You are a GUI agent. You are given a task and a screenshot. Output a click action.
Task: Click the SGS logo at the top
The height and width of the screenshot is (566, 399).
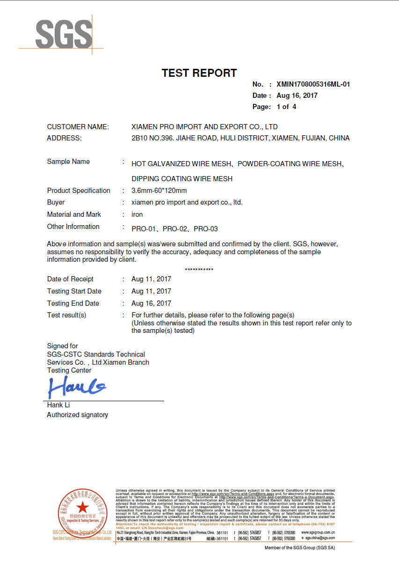click(x=64, y=34)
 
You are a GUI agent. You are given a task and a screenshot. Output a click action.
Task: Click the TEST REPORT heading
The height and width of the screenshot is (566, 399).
click(x=199, y=73)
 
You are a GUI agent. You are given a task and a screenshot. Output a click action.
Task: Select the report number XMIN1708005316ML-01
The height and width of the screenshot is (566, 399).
click(x=313, y=85)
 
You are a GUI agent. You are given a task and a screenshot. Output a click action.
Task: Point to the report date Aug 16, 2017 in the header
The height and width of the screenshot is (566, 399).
click(x=297, y=96)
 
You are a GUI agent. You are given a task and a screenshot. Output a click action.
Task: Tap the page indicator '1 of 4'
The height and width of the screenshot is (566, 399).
click(x=286, y=107)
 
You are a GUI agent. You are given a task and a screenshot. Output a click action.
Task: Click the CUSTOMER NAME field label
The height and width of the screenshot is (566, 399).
click(x=78, y=127)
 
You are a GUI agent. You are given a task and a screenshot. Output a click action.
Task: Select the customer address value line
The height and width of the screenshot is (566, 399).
click(x=240, y=139)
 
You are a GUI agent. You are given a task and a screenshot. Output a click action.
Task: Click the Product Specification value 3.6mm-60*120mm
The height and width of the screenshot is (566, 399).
click(x=159, y=191)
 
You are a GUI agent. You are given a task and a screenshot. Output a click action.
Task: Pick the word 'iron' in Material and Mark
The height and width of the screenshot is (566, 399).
click(x=137, y=214)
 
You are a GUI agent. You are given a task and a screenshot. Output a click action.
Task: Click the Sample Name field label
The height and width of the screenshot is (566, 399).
click(x=68, y=162)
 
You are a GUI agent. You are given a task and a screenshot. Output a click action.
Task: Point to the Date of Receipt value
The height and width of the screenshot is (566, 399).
click(x=151, y=279)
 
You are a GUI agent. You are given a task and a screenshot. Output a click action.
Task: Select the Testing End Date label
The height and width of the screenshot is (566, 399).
click(x=73, y=303)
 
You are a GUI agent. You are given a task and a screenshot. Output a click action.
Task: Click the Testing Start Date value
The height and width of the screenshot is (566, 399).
click(x=151, y=291)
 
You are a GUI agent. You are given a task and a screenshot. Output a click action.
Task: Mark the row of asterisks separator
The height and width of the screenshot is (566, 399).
click(x=199, y=270)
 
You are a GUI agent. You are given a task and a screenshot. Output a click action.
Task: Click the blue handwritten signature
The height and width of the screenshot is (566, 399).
click(x=77, y=388)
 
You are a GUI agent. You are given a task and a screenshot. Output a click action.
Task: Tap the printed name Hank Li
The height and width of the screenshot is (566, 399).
click(x=58, y=405)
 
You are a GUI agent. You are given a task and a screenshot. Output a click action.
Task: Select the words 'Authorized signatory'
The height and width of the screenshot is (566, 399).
click(x=77, y=415)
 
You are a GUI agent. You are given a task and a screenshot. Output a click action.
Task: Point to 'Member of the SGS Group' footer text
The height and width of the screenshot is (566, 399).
click(x=300, y=548)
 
